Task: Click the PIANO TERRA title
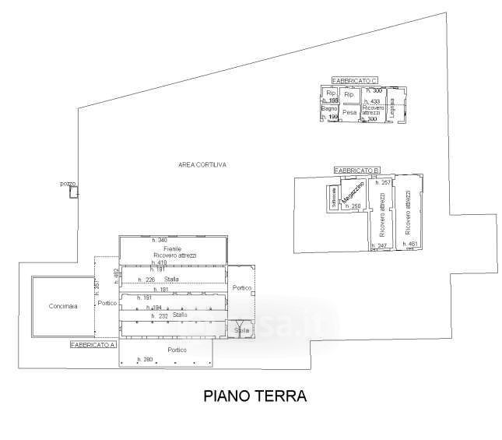pyautogui.click(x=255, y=396)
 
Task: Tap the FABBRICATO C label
pyautogui.click(x=354, y=81)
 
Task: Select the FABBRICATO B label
pyautogui.click(x=356, y=171)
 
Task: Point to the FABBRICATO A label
pyautogui.click(x=93, y=343)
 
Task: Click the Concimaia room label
pyautogui.click(x=62, y=306)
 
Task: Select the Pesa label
pyautogui.click(x=349, y=112)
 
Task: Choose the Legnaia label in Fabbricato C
pyautogui.click(x=393, y=107)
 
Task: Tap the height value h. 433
pyautogui.click(x=372, y=101)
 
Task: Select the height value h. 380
pyautogui.click(x=146, y=359)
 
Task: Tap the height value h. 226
pyautogui.click(x=146, y=280)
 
